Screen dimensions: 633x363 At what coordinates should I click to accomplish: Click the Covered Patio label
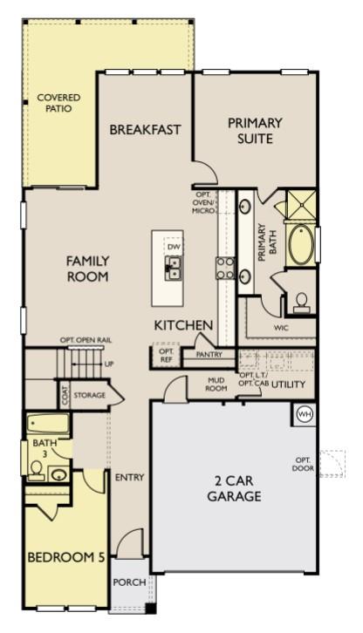[x=54, y=104]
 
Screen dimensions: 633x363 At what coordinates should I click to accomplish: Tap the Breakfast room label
[x=145, y=130]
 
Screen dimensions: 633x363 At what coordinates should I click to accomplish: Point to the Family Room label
[x=87, y=268]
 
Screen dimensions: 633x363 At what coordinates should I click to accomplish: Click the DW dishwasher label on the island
[x=173, y=248]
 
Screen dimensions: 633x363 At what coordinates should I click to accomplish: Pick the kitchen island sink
[x=173, y=271]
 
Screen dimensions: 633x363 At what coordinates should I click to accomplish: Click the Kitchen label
[x=183, y=325]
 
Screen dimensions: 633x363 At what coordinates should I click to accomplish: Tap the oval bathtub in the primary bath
[x=303, y=245]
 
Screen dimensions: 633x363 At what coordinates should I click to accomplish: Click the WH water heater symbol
[x=305, y=413]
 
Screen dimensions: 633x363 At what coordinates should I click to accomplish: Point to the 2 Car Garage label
[x=234, y=489]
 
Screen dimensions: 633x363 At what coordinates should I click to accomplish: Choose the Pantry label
[x=209, y=355]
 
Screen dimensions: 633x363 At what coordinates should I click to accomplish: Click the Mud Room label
[x=217, y=385]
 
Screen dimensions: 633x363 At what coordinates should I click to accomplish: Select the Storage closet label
[x=89, y=395]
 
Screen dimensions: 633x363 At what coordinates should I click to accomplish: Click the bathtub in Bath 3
[x=48, y=426]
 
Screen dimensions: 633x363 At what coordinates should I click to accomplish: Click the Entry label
[x=129, y=477]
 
